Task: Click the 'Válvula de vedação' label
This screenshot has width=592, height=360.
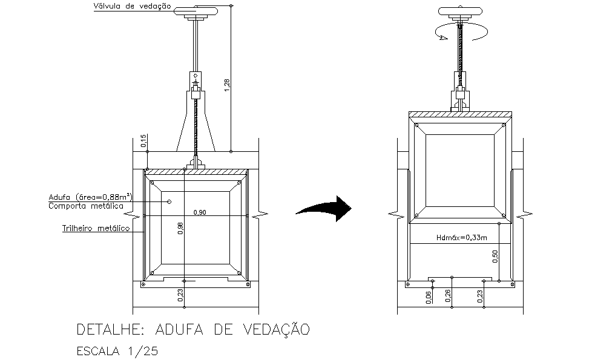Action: click(x=132, y=7)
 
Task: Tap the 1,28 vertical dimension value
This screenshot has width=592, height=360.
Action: click(x=226, y=85)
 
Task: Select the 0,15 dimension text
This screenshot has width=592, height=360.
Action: click(x=143, y=141)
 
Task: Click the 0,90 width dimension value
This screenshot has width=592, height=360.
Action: click(x=200, y=212)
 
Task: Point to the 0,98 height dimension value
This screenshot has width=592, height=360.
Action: click(x=180, y=228)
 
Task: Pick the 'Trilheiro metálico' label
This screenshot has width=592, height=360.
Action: click(x=96, y=228)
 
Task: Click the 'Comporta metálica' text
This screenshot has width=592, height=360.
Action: click(x=86, y=206)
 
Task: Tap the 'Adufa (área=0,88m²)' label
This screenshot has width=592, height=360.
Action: click(x=91, y=197)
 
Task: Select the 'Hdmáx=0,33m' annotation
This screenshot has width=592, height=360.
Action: click(x=461, y=237)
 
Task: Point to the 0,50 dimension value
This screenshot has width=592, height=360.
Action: click(x=495, y=257)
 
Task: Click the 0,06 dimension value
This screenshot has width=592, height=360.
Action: click(x=428, y=298)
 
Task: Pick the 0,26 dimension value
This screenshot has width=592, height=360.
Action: click(x=448, y=296)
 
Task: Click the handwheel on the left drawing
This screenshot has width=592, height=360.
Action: click(x=196, y=11)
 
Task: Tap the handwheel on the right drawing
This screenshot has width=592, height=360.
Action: click(x=460, y=11)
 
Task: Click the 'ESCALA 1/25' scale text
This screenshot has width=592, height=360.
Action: click(x=117, y=352)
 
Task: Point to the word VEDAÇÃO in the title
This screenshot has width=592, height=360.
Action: click(x=277, y=329)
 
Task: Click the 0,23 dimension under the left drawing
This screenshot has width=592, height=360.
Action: click(x=180, y=295)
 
